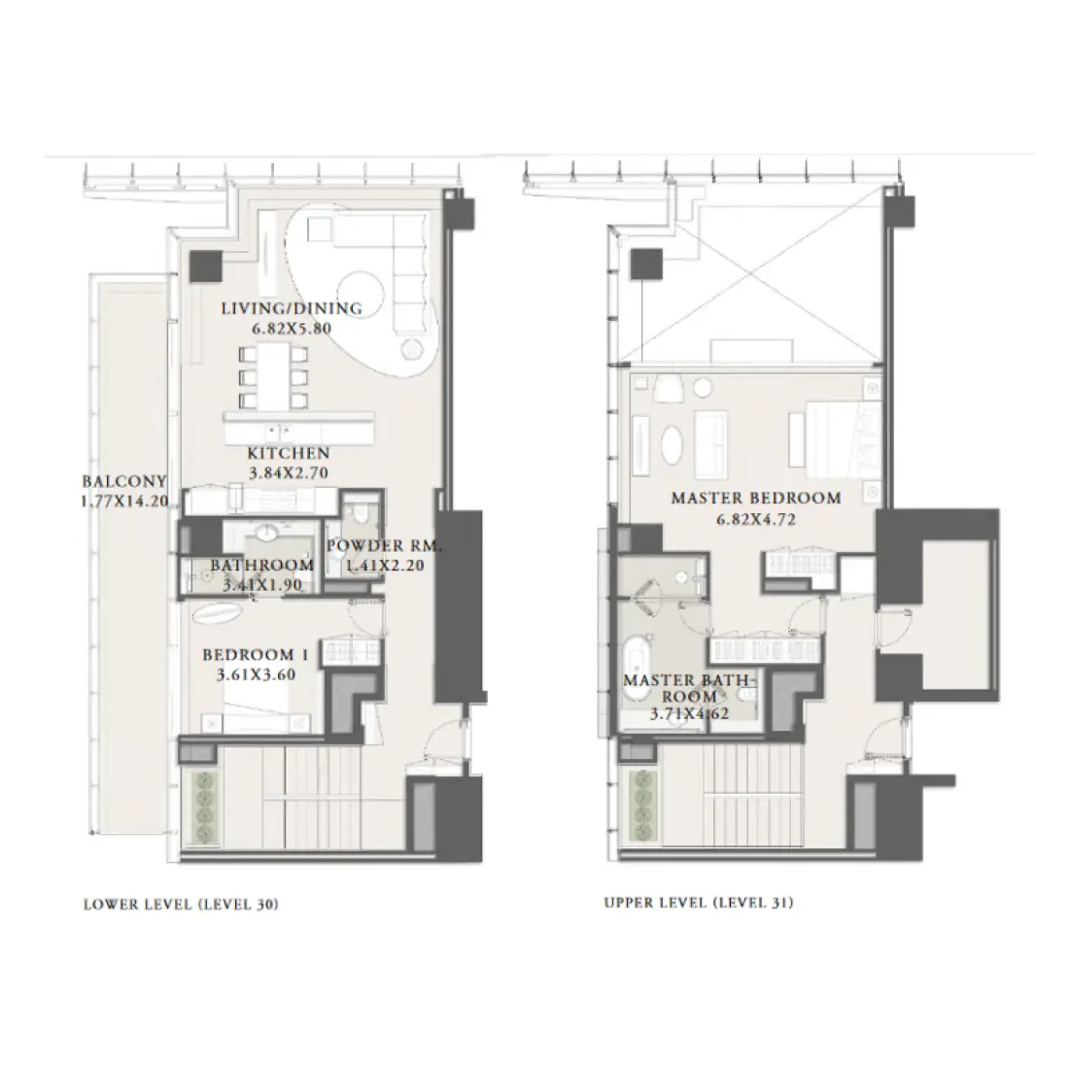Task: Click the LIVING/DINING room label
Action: pyautogui.click(x=291, y=309)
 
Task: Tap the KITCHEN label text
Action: pyautogui.click(x=288, y=453)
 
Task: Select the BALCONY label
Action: pyautogui.click(x=124, y=481)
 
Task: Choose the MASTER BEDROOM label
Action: pyautogui.click(x=756, y=499)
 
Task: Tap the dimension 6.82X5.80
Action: pyautogui.click(x=291, y=328)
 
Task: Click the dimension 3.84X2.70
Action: pyautogui.click(x=288, y=472)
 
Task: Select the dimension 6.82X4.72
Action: pyautogui.click(x=756, y=519)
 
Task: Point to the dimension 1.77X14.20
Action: pyautogui.click(x=124, y=501)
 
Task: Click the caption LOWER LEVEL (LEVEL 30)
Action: pyautogui.click(x=182, y=904)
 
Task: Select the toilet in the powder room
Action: pyautogui.click(x=360, y=514)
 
